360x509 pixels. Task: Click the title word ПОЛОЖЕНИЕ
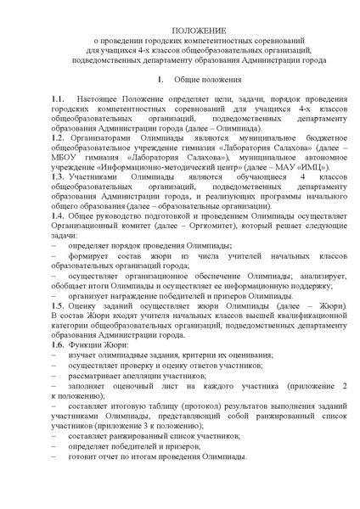coord(180,29)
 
